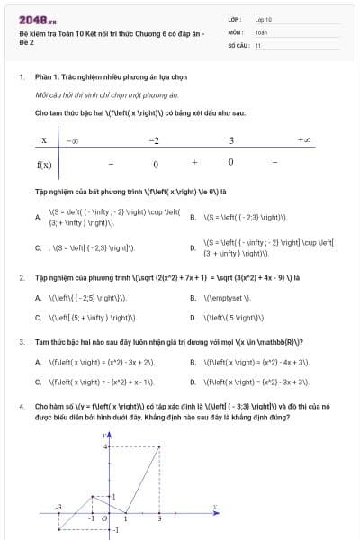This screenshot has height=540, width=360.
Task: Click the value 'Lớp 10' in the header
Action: pos(263,18)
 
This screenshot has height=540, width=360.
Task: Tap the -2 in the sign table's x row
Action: pos(154,140)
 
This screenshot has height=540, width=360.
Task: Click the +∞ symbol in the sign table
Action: pos(304,140)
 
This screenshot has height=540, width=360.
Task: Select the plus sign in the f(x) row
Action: pos(194,164)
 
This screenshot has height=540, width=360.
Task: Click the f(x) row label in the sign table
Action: pos(44,165)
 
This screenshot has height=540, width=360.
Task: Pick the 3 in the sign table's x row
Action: pos(231,140)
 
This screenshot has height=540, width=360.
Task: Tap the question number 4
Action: pos(21,407)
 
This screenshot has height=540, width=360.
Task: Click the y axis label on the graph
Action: pos(103,435)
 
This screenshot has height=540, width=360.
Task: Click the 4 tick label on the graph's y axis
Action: pos(103,446)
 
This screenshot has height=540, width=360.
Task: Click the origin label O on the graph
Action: pos(104,519)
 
